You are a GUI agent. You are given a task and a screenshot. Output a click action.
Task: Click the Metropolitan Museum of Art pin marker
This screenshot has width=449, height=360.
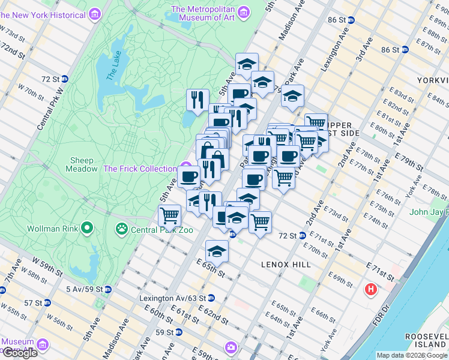tap(243, 12)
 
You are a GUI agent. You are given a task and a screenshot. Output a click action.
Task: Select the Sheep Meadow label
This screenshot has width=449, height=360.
tap(83, 164)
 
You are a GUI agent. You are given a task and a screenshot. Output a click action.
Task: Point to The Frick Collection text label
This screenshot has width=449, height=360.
tap(140, 169)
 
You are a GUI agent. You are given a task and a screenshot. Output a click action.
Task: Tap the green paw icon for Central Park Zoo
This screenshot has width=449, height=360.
tap(122, 229)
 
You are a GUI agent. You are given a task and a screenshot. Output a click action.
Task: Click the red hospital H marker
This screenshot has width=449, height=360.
tap(371, 290)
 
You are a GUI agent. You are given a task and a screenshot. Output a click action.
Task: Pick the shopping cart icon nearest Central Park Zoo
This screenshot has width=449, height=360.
tap(170, 215)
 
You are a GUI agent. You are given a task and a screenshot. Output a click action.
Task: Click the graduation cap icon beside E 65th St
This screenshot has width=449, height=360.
tap(217, 250)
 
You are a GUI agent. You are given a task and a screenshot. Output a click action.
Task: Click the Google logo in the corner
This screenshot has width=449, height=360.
tap(20, 353)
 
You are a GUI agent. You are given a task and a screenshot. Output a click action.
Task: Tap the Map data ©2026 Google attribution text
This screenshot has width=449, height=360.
tap(412, 355)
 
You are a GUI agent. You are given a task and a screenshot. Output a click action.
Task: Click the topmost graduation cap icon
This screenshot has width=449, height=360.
tap(246, 64)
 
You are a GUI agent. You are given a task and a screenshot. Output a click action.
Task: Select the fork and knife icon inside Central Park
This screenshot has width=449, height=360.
tap(197, 98)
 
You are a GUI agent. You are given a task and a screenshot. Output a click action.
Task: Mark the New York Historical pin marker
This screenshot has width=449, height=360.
tap(94, 13)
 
